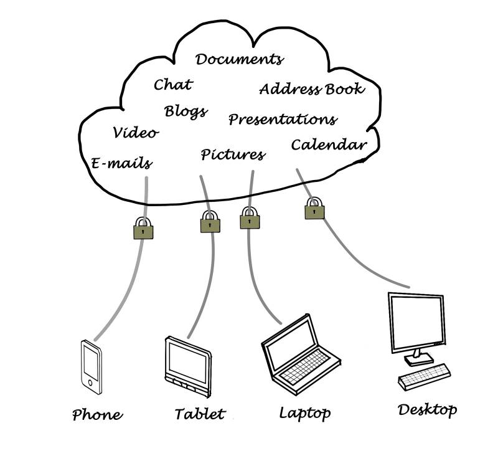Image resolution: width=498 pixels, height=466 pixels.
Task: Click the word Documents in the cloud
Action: click(x=239, y=60)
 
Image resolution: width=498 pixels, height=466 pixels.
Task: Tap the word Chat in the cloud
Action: click(x=173, y=84)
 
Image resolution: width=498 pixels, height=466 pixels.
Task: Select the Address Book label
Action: click(x=311, y=89)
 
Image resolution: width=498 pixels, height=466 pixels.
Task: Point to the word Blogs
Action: click(x=186, y=112)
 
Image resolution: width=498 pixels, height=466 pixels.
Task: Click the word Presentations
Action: click(x=283, y=119)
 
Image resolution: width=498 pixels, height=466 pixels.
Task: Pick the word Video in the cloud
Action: click(x=136, y=133)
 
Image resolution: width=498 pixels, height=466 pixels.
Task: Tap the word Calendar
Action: click(x=329, y=145)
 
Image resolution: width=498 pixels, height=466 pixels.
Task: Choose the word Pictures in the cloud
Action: click(x=233, y=155)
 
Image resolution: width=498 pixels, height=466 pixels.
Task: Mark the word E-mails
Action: click(x=121, y=164)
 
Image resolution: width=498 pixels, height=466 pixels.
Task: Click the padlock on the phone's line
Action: click(x=143, y=228)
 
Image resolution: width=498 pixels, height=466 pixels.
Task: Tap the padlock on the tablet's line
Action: click(x=210, y=222)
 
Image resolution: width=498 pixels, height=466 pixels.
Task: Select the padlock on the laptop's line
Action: click(x=250, y=218)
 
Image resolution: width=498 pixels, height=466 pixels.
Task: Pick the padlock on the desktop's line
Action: click(x=314, y=209)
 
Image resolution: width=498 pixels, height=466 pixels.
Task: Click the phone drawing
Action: click(x=91, y=367)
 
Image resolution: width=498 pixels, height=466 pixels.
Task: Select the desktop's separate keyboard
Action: click(x=424, y=375)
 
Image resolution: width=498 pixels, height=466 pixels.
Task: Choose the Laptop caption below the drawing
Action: click(x=304, y=412)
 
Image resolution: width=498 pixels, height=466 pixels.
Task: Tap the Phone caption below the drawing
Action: click(x=97, y=415)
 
